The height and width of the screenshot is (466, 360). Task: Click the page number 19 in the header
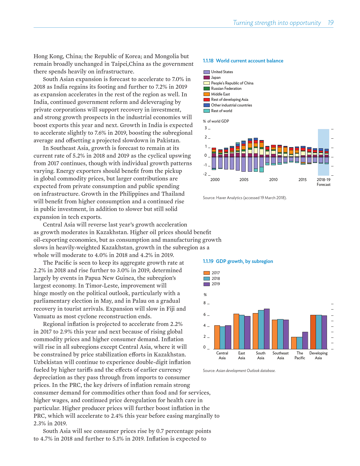[x=330, y=23]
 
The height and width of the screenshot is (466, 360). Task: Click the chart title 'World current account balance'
[x=249, y=61]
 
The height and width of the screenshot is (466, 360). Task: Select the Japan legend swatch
[x=207, y=77]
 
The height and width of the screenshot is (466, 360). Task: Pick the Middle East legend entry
[x=220, y=94]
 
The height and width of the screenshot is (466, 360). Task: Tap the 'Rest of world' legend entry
[x=221, y=111]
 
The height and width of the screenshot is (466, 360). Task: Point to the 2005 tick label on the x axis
[x=244, y=180]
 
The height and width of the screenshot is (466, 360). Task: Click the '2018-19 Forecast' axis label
[x=324, y=182]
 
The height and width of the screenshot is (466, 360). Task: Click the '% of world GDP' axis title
[x=216, y=121]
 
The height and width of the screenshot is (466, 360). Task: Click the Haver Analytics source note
[x=245, y=198]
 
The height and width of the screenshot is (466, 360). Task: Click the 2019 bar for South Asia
[x=267, y=329]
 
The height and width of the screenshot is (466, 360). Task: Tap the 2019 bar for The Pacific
[x=305, y=340]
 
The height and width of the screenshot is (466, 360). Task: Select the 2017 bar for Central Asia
[x=217, y=337]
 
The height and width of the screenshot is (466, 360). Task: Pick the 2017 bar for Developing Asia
[x=313, y=332]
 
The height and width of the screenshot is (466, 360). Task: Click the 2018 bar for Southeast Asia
[x=280, y=334]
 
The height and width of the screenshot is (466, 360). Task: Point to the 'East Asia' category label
[x=241, y=355]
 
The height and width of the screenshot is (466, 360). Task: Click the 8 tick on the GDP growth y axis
[x=205, y=303]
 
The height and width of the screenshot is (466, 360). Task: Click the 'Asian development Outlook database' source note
[x=246, y=371]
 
